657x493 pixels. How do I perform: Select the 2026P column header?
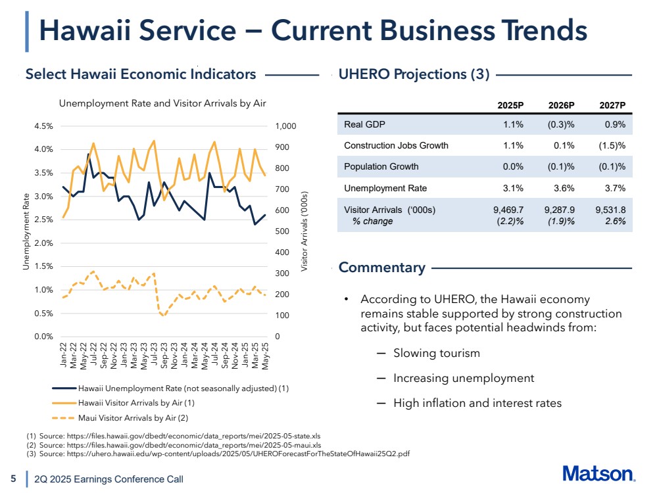[x=562, y=105]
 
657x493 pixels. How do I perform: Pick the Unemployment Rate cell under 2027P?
[x=614, y=189]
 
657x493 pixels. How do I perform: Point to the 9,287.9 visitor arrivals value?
[x=560, y=210]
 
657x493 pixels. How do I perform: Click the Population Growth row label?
[x=381, y=167]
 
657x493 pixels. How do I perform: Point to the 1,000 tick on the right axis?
[x=286, y=126]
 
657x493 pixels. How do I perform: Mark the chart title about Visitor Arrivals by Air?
[x=162, y=103]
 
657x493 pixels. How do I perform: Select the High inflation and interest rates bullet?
[x=477, y=403]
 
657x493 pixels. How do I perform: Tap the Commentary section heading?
[x=381, y=268]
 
